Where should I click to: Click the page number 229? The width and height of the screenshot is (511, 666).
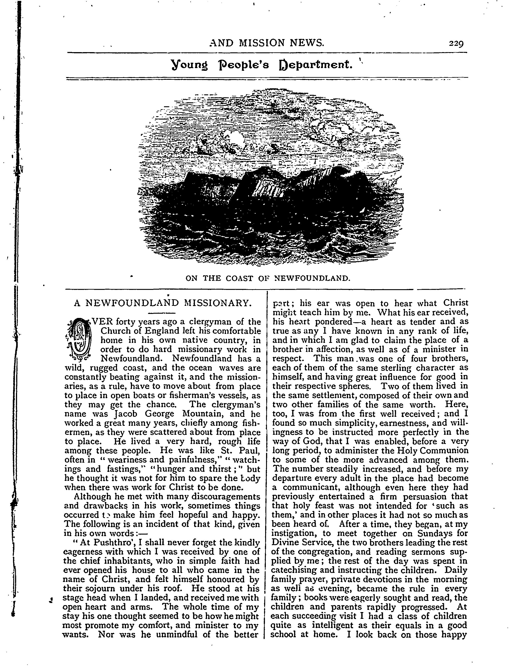click(x=456, y=44)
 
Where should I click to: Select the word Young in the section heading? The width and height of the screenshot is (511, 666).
click(x=189, y=65)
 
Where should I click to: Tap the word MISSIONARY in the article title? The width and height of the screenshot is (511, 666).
click(x=218, y=303)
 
